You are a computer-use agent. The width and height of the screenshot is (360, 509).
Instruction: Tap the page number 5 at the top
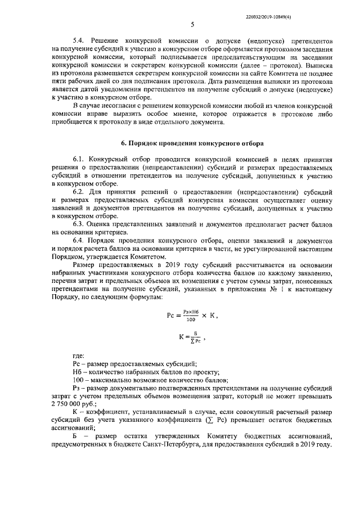coord(192,24)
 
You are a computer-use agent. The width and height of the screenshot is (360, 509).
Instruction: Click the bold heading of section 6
coord(192,144)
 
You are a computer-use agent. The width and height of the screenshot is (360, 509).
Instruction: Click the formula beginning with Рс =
coord(192,316)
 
